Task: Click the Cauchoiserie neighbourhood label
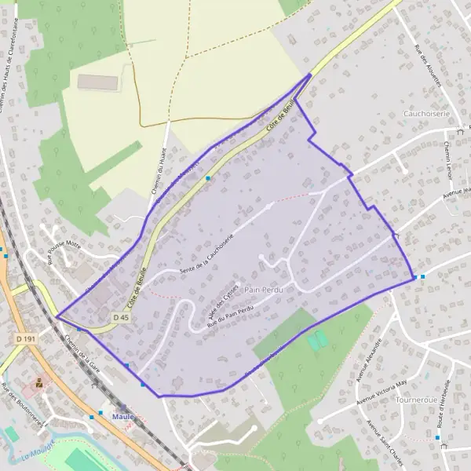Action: point(425,113)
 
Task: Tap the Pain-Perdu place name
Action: point(262,290)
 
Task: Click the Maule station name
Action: point(123,417)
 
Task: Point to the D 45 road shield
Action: point(120,317)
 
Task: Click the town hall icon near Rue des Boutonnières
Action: point(38,384)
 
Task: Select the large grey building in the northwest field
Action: point(97,82)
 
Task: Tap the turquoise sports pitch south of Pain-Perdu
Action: point(317,341)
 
